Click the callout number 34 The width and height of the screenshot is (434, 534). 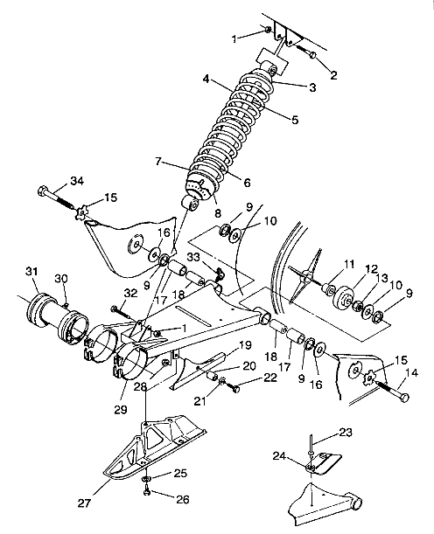click(x=77, y=181)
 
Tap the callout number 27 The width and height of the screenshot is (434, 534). click(x=84, y=503)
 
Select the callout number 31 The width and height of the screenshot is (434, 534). click(x=31, y=272)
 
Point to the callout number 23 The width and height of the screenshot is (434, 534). click(x=346, y=433)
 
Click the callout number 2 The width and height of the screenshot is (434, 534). click(x=333, y=75)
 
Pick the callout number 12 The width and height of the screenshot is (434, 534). click(x=371, y=269)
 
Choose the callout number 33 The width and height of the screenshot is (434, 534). click(x=193, y=257)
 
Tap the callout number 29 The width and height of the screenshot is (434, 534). click(x=121, y=409)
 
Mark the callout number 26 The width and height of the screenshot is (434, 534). click(x=182, y=500)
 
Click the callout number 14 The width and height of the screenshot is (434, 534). click(x=412, y=373)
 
